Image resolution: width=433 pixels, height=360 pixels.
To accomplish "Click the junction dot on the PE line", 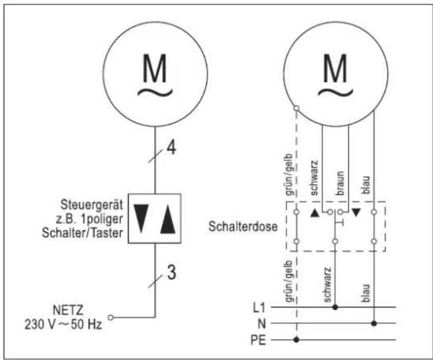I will point(296,339).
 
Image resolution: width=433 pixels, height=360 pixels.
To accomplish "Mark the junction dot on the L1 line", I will point(334,308).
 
